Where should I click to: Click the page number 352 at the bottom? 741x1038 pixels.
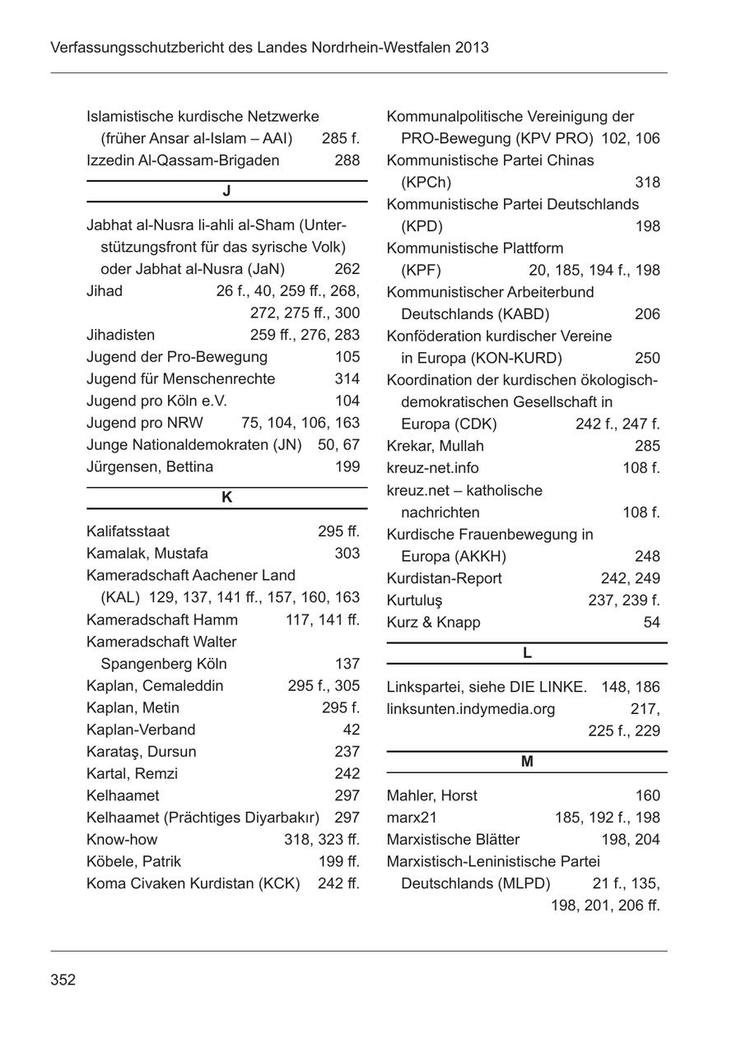click(x=63, y=980)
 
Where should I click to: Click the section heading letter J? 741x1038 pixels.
click(x=226, y=192)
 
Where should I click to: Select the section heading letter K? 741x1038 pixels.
click(x=227, y=498)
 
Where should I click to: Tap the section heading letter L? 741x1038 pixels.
click(x=527, y=654)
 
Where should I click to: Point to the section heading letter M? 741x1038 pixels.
click(x=527, y=762)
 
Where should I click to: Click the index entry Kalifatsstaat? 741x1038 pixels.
click(x=128, y=531)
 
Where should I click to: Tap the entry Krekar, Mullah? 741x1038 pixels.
click(x=435, y=446)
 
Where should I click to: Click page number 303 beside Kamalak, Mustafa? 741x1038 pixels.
click(x=347, y=554)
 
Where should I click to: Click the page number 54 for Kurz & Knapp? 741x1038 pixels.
click(x=651, y=623)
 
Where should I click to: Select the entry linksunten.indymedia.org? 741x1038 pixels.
click(x=470, y=709)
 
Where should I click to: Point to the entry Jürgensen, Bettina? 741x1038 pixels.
click(x=150, y=467)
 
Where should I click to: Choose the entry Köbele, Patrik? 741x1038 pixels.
click(x=133, y=862)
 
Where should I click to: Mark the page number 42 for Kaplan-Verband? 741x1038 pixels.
click(x=351, y=730)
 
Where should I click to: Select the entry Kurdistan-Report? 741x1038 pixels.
click(x=444, y=579)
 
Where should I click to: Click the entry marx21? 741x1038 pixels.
click(x=412, y=818)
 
